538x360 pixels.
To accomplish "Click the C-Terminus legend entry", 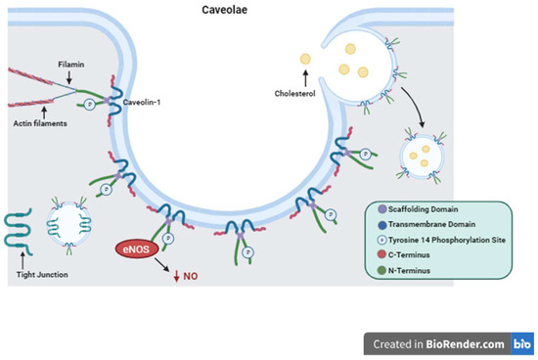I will click(425, 256).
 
